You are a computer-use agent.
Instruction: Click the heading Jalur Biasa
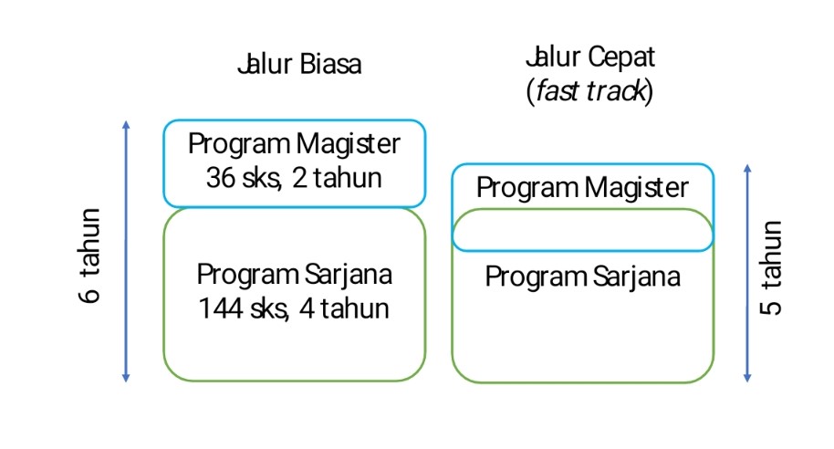click(298, 66)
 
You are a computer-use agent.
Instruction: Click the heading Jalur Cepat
click(589, 57)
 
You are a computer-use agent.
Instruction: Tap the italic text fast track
click(589, 91)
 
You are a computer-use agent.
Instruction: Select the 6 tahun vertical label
click(91, 256)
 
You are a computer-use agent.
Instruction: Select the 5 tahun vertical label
click(771, 267)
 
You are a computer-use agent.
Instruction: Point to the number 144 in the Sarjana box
click(219, 308)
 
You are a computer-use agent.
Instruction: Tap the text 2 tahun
click(334, 177)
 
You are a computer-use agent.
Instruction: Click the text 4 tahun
click(343, 308)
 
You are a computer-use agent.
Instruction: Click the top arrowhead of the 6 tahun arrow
click(126, 125)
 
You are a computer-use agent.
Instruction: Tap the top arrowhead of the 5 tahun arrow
click(747, 169)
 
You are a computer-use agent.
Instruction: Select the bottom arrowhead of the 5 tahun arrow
click(747, 377)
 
